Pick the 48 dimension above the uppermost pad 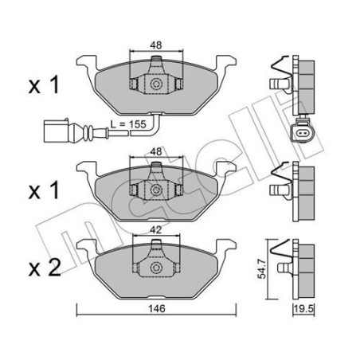[156, 46]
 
